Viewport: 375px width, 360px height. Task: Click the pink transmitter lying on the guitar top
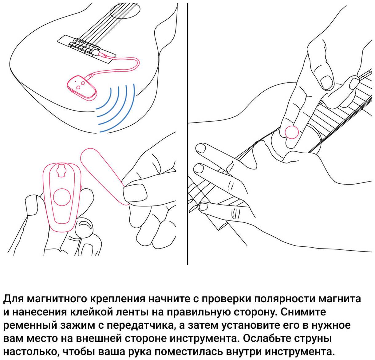pos(81,88)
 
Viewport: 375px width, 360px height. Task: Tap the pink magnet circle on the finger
pos(292,132)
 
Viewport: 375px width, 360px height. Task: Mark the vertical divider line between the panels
pos(187,134)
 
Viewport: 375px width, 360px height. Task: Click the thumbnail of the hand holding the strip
pos(135,193)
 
